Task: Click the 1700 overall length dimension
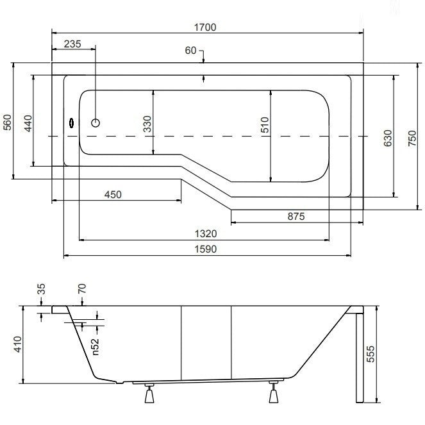205,28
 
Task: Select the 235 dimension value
72,44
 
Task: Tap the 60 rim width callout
190,51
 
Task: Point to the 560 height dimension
7,122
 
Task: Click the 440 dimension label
28,123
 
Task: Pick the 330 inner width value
147,124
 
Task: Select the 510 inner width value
265,125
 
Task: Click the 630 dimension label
388,138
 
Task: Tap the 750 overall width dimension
412,138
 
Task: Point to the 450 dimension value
113,195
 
